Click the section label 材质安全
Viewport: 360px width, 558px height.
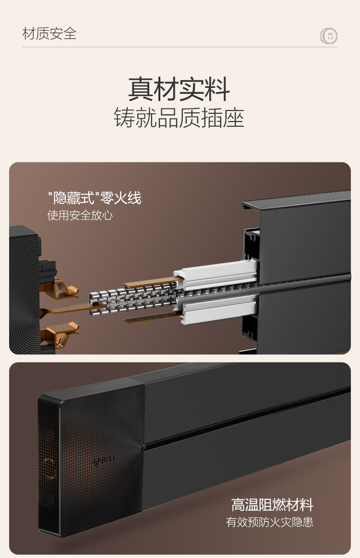click(49, 34)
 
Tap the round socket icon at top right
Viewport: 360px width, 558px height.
click(329, 36)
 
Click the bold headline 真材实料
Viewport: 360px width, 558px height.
click(179, 89)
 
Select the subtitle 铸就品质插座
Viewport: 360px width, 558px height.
click(179, 118)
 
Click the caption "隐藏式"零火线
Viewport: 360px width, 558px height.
click(95, 198)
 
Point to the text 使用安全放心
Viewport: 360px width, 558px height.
click(80, 215)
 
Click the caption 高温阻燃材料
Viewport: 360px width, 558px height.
click(272, 505)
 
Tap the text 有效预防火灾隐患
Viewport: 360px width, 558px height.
click(270, 522)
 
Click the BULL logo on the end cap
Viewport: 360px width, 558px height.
click(104, 460)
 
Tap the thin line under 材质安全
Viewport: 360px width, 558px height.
click(180, 47)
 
